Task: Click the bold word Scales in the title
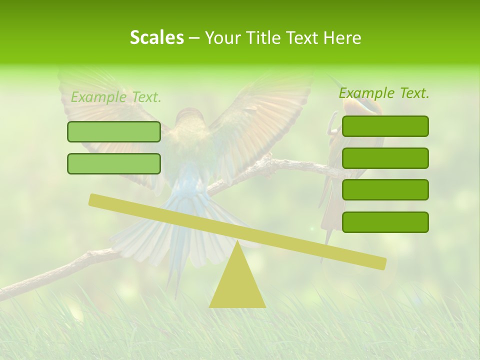156,37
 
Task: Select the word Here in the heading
342,38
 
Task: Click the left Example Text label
116,97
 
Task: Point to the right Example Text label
384,93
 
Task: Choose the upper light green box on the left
114,131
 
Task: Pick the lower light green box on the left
114,163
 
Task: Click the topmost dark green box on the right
385,126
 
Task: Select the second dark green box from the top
385,158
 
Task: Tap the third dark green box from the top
385,190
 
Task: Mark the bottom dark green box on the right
385,222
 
